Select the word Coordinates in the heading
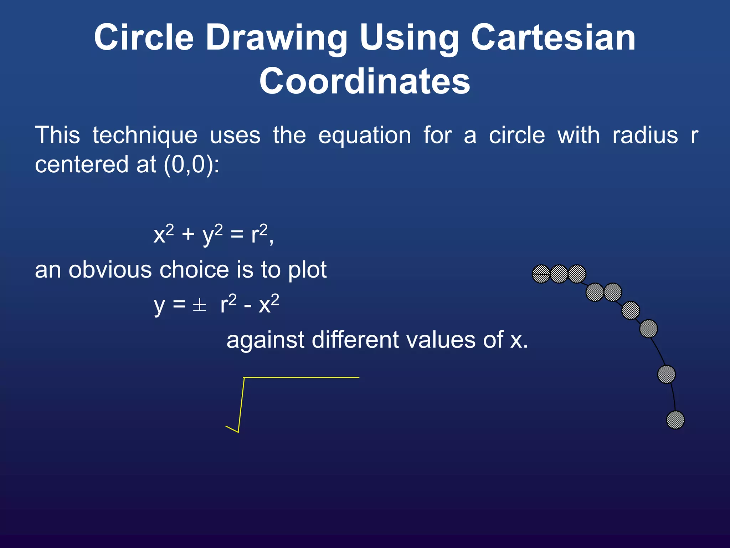(x=365, y=81)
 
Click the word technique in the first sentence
(x=145, y=136)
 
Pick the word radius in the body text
(x=645, y=136)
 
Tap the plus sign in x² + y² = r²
(x=188, y=235)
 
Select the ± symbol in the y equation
(x=199, y=305)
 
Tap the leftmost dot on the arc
(x=541, y=274)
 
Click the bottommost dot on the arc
(x=675, y=420)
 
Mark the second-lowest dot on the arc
(x=666, y=374)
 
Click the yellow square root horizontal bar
(x=301, y=377)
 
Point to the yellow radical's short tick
(x=232, y=429)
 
